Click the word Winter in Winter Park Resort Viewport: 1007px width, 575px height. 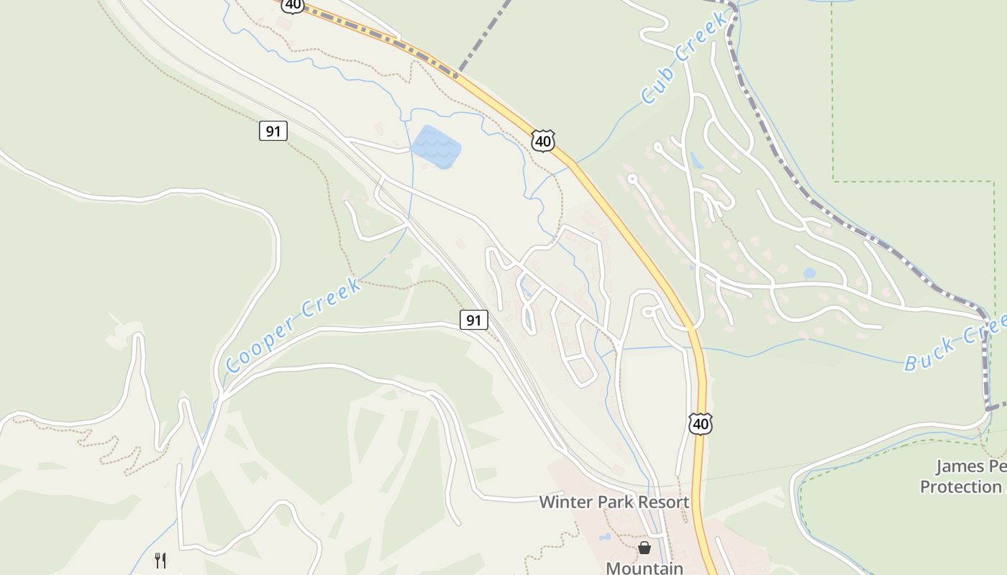pos(566,502)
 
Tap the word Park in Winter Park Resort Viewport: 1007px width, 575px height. pos(615,502)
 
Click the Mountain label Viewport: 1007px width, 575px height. pos(644,568)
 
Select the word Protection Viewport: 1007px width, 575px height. pos(960,487)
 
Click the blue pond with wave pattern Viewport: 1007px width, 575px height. pos(435,147)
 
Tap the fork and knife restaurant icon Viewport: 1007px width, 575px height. pos(161,560)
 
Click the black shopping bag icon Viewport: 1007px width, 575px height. pos(644,548)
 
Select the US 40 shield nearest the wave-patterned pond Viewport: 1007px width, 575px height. pos(543,141)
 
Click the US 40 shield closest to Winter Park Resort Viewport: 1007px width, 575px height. pos(701,424)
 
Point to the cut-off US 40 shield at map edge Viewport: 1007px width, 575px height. pos(293,5)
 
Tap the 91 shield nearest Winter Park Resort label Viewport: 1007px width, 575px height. pos(473,320)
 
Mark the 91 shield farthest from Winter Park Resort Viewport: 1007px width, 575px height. pos(273,131)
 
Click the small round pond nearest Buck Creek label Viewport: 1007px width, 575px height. pos(809,273)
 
